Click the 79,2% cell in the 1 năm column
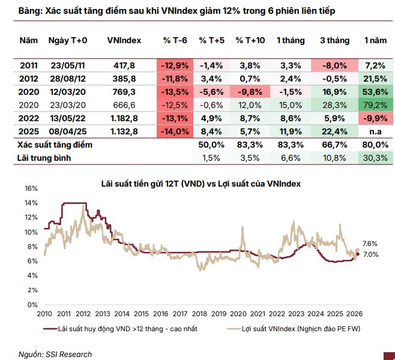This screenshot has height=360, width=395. [x=375, y=105]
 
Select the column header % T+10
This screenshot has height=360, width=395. [x=250, y=40]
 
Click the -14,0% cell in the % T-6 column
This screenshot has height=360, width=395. [x=175, y=131]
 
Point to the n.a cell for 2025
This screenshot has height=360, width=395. [x=375, y=131]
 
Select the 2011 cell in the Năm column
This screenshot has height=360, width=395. [x=28, y=65]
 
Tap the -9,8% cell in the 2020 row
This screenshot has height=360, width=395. [x=250, y=92]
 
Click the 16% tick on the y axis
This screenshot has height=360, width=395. [x=31, y=188]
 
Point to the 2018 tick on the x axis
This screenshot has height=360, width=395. [x=199, y=313]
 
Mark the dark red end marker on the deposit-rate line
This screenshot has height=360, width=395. [x=358, y=254]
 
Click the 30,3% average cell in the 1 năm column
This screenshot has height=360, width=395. [x=375, y=157]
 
